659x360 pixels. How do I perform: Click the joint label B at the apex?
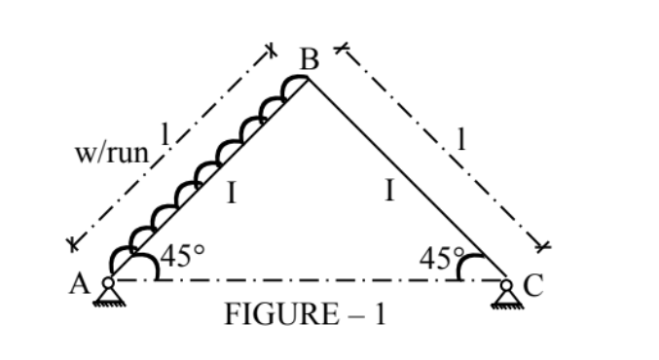point(310,59)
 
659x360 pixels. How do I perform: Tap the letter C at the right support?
point(531,284)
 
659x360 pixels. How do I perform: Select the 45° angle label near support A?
point(182,258)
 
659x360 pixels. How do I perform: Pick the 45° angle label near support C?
point(441,259)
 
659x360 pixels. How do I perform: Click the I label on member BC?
point(388,191)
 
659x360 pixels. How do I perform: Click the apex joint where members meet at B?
point(309,79)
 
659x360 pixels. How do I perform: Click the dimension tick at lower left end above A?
point(70,244)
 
